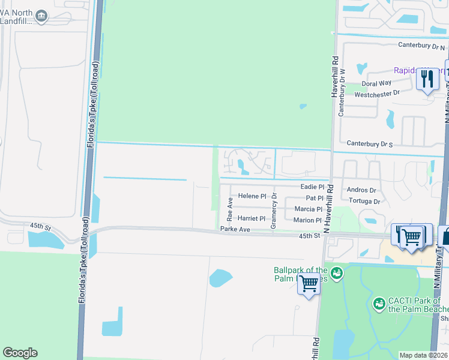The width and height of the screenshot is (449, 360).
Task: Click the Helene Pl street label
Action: [252, 196]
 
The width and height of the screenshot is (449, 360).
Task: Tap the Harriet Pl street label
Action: [252, 218]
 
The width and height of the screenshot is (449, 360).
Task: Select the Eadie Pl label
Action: [312, 187]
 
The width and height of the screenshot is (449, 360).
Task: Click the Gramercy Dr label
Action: [274, 210]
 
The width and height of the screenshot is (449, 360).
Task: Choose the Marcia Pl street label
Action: [309, 209]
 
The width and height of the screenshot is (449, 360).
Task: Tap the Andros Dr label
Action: [361, 190]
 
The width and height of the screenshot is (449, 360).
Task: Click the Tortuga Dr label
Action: [364, 201]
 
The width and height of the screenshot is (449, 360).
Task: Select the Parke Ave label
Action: [235, 229]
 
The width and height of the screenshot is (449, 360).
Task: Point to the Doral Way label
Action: [376, 83]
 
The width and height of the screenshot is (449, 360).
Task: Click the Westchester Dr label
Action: [377, 94]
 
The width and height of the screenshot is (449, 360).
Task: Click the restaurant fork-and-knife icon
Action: [427, 79]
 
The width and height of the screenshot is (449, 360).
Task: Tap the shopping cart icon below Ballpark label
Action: [309, 283]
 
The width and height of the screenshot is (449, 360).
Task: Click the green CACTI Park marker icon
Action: [379, 303]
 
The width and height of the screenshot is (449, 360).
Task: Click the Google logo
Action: [20, 353]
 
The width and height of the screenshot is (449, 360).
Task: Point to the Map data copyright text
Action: [423, 355]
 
